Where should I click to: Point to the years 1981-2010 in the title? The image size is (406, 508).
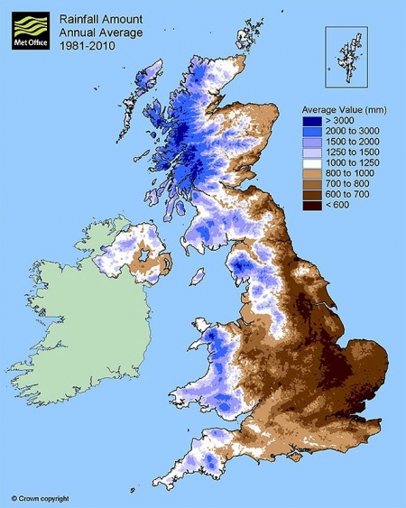point(83,42)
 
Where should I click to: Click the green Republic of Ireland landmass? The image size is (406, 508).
point(81,334)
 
